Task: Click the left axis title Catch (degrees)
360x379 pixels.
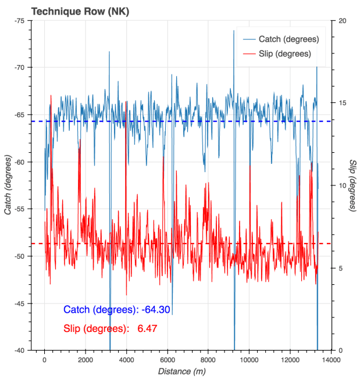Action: (8, 185)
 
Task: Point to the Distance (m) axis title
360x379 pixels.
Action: (181, 371)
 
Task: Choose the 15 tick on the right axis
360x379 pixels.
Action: (343, 103)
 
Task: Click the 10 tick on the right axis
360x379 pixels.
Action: (343, 185)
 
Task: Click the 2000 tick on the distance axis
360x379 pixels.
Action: (85, 360)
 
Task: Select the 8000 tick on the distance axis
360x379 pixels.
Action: (208, 360)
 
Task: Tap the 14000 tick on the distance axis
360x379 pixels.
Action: (331, 360)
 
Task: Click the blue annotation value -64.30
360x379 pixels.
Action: (156, 310)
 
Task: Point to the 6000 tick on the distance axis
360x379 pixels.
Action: (167, 360)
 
